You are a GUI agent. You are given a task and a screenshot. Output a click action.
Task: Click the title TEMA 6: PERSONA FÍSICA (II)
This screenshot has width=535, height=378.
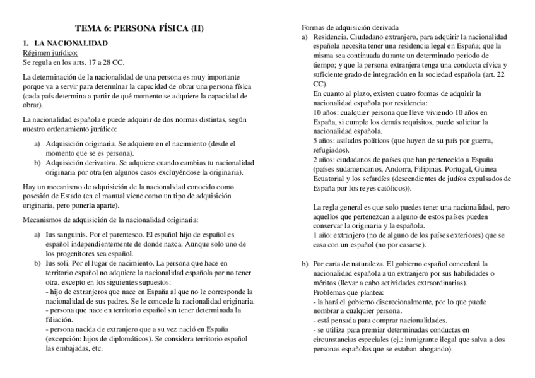(139, 28)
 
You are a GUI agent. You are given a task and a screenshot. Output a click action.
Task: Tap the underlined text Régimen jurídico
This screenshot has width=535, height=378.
(50, 54)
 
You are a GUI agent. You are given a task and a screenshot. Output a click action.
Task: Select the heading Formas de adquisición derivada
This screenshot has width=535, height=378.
(350, 28)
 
